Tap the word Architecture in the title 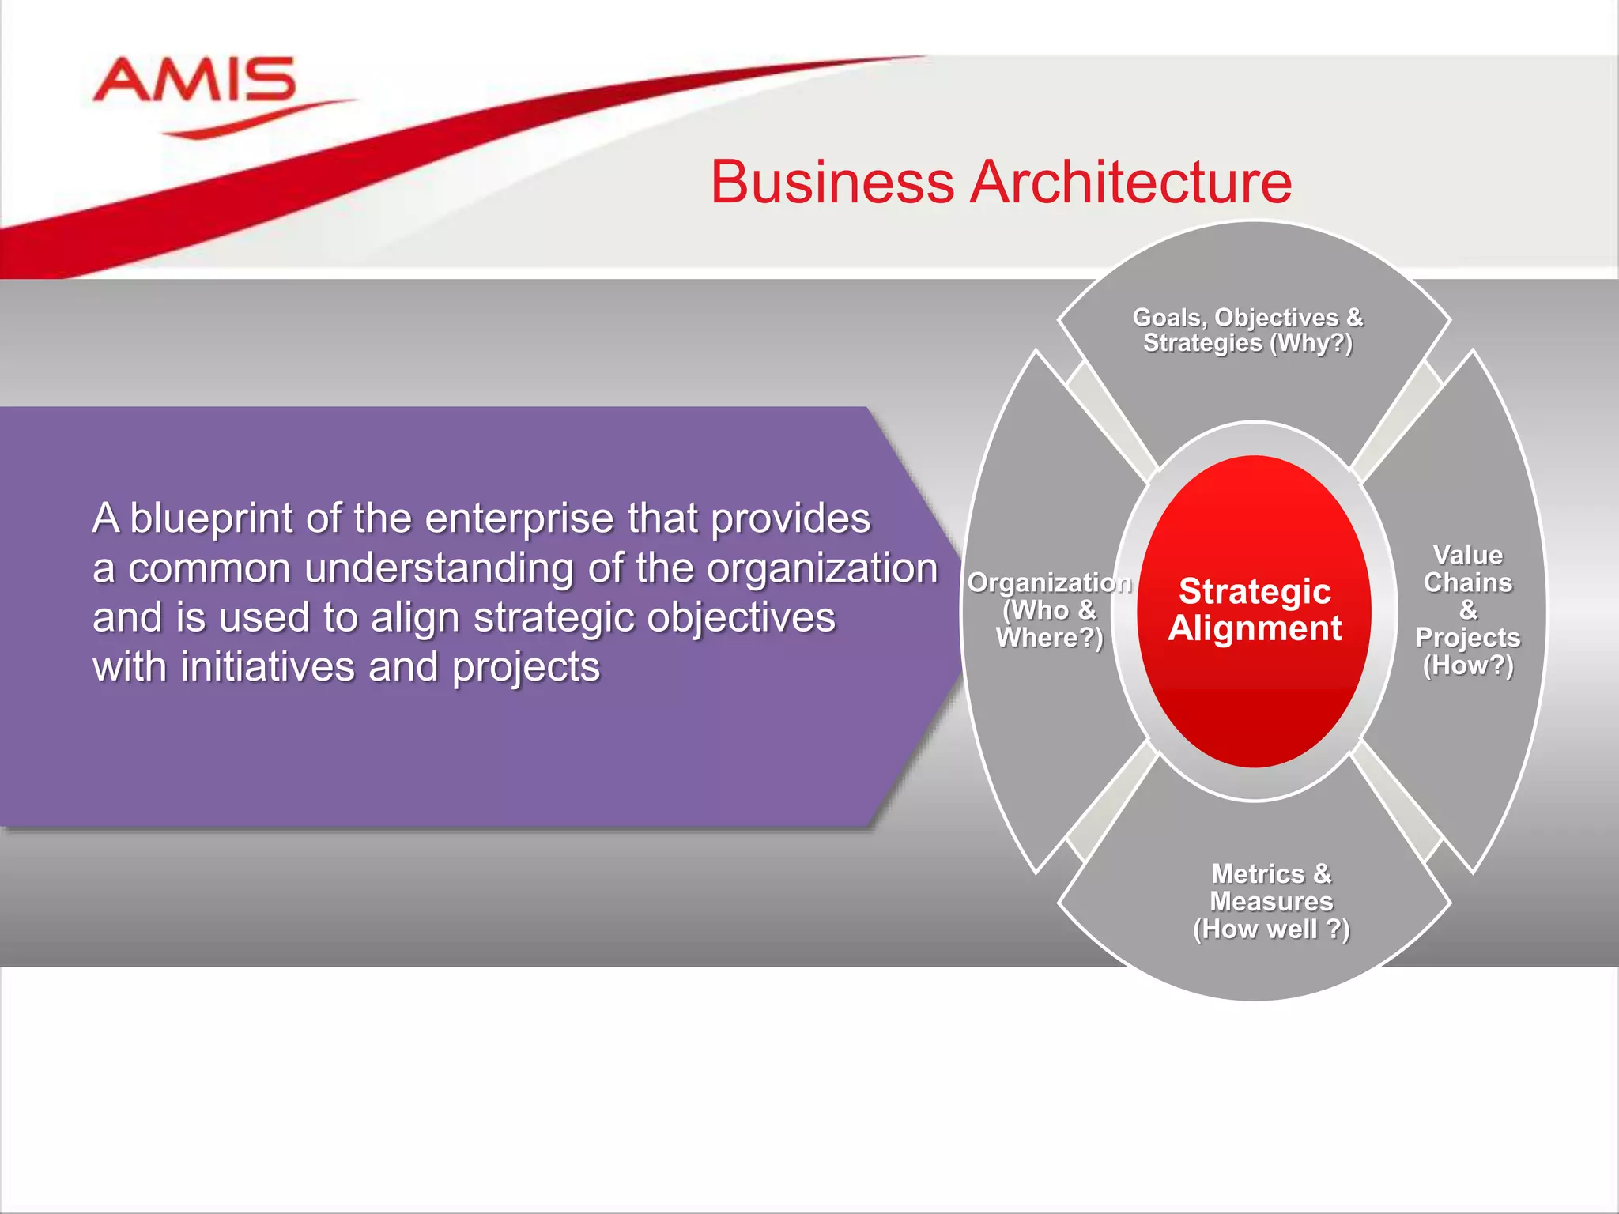click(1130, 183)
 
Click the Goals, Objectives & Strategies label click(1247, 330)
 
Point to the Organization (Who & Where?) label click(1049, 609)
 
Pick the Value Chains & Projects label click(1467, 609)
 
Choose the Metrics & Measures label click(1271, 901)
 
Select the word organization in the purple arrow click(821, 568)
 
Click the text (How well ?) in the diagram click(1271, 929)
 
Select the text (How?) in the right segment click(1467, 665)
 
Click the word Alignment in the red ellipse click(1255, 628)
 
